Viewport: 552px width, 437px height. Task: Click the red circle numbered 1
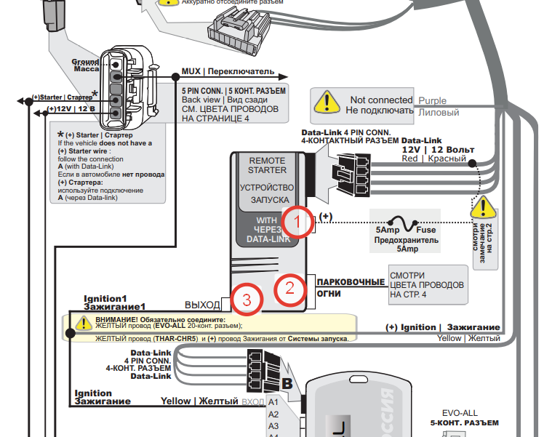(x=297, y=221)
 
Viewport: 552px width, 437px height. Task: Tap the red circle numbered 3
(x=247, y=299)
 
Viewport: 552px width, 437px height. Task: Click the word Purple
(x=433, y=101)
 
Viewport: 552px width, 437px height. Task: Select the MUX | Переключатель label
(x=228, y=72)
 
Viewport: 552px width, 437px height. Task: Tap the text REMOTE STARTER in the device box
(x=268, y=165)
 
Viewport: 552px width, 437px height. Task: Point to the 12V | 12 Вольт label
(x=438, y=149)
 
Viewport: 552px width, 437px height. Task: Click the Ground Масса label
(x=86, y=65)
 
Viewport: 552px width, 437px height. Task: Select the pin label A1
(x=273, y=401)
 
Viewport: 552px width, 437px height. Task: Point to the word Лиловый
(x=439, y=113)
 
